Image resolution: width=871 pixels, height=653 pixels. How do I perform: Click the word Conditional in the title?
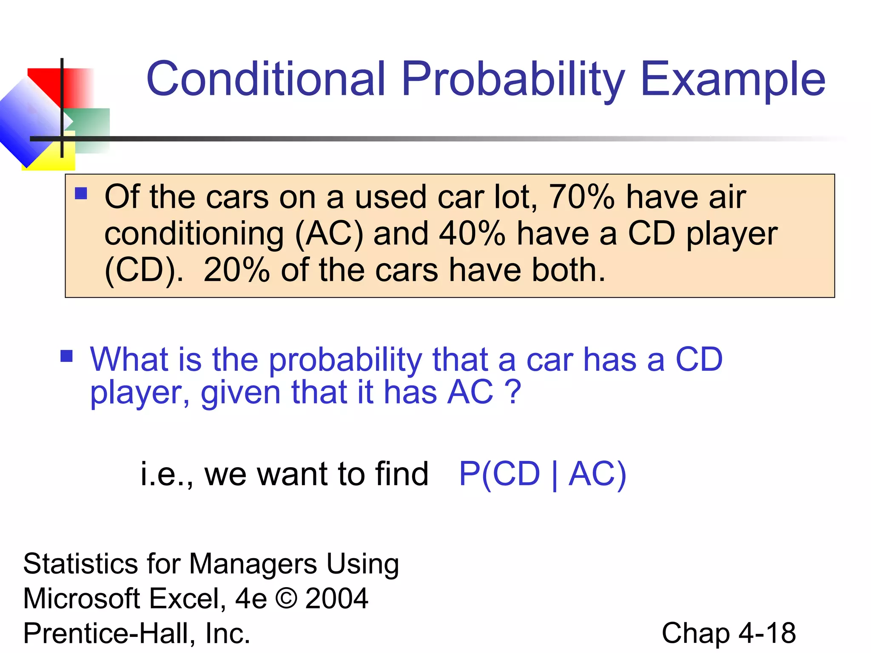tap(266, 79)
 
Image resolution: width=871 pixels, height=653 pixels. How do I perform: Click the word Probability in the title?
tap(512, 79)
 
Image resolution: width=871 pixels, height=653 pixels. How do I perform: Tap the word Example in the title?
tap(732, 79)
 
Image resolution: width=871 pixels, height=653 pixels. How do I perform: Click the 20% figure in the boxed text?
tap(236, 270)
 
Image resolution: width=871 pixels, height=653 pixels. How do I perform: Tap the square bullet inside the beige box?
tap(81, 193)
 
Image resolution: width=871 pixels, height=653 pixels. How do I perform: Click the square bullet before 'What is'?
tap(67, 355)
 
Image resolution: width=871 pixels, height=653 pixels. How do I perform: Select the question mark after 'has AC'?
tap(514, 392)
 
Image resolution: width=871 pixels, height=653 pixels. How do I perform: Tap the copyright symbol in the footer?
tap(286, 598)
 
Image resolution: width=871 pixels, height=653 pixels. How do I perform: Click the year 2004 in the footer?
tap(336, 598)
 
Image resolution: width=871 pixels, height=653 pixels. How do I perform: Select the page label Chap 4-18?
tap(728, 633)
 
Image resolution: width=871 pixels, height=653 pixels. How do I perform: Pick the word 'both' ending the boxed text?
tap(564, 270)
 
